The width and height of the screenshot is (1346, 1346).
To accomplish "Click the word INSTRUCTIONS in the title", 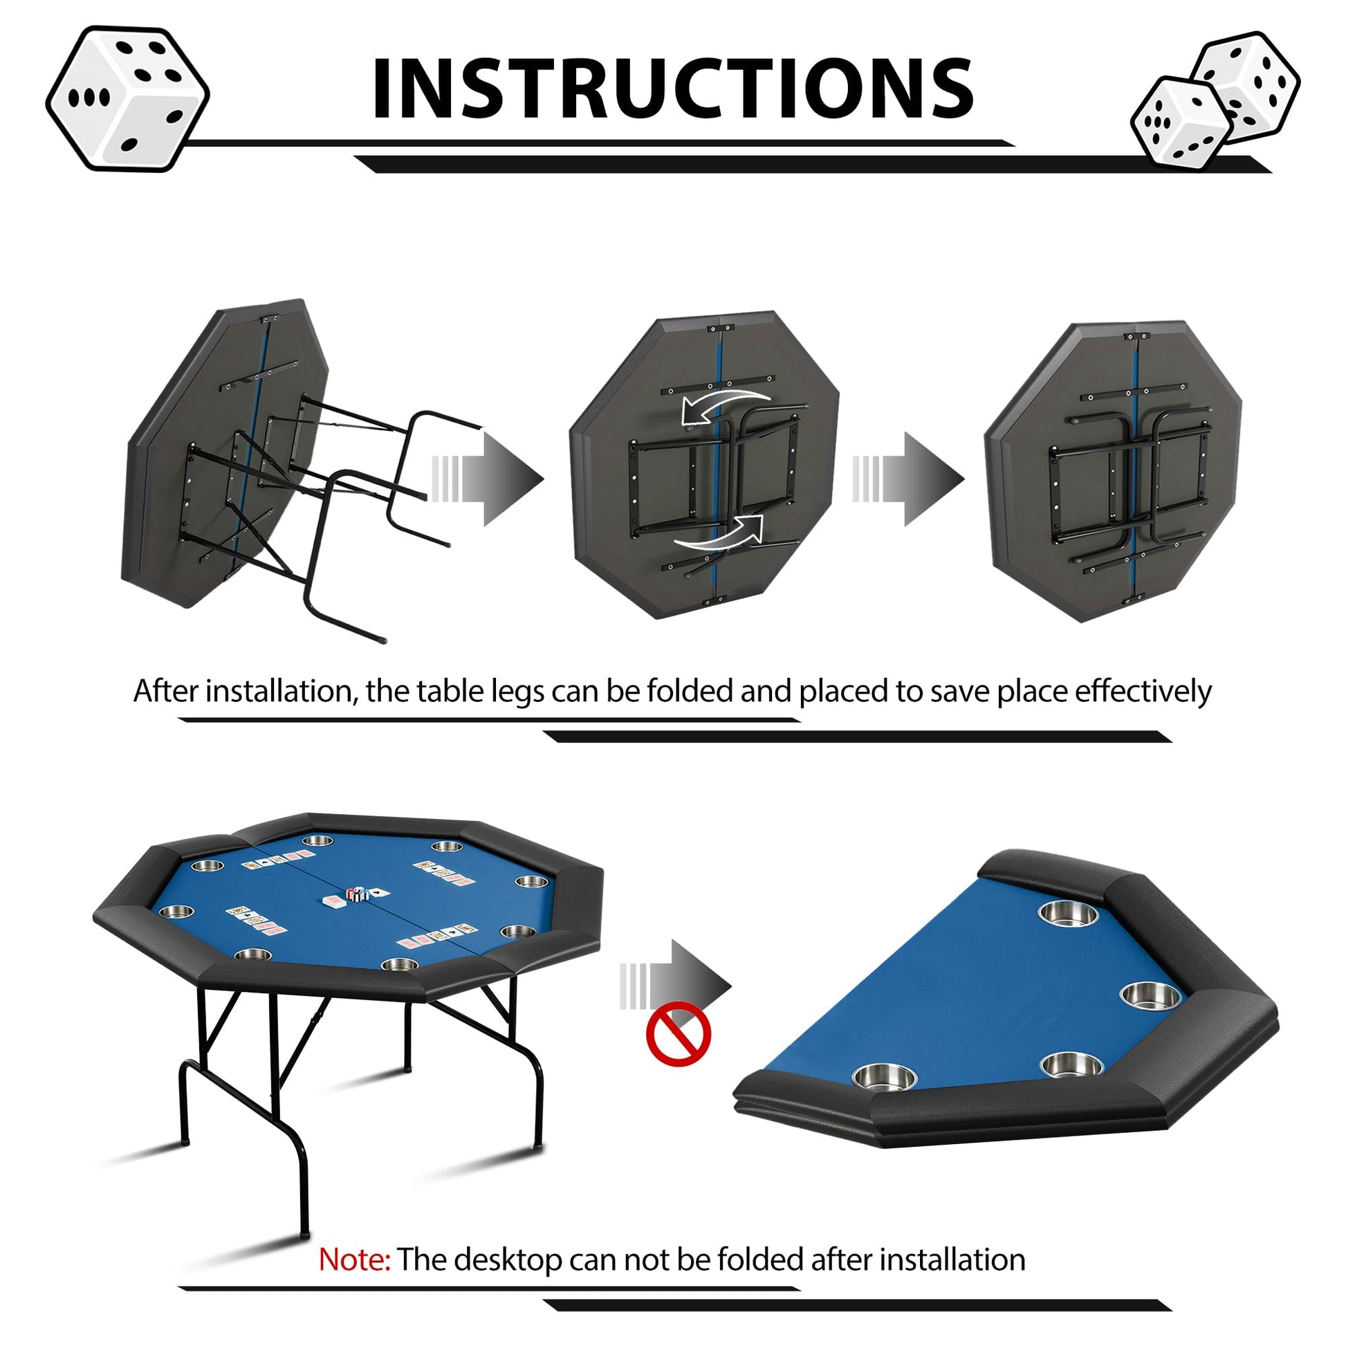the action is click(x=673, y=89).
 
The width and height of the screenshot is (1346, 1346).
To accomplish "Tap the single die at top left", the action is click(x=127, y=98).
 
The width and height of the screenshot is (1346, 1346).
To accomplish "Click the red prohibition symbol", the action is click(x=678, y=1034).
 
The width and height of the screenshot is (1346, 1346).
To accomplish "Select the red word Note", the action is click(x=354, y=1260).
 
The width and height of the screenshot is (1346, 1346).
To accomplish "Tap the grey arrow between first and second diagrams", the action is click(x=488, y=479).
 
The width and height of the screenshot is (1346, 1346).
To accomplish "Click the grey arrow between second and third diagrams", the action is click(x=908, y=479).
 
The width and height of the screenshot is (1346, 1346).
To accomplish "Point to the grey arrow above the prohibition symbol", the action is click(x=676, y=986).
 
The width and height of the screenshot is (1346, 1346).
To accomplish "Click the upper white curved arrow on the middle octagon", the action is click(x=725, y=405).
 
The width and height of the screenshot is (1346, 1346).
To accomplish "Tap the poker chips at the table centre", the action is click(x=358, y=894).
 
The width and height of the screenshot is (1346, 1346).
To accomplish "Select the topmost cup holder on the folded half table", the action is click(x=1068, y=912).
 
